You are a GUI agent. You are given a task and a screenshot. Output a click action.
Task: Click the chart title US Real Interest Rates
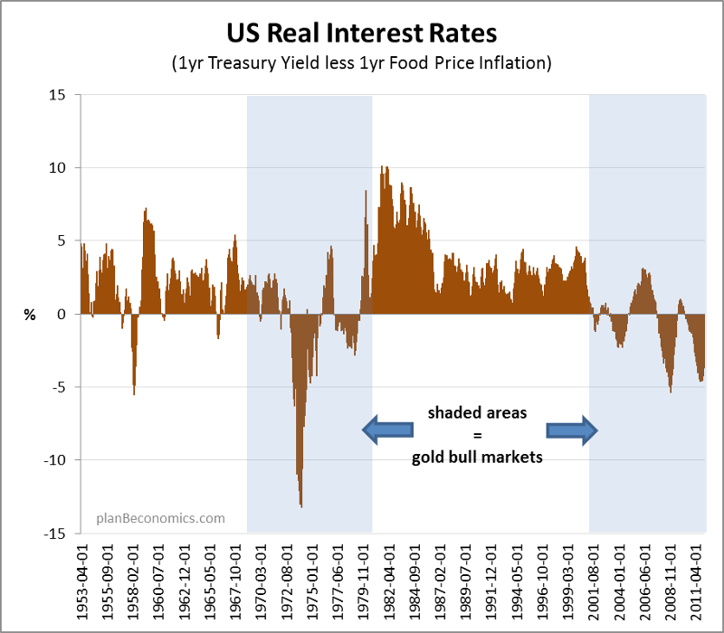tap(361, 34)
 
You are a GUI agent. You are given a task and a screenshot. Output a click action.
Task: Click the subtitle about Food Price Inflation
tap(361, 65)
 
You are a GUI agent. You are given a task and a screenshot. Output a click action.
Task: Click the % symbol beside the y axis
tap(30, 315)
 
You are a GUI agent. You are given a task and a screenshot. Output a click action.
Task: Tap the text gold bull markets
tap(476, 458)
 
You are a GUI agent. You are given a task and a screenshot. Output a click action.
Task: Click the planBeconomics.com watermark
tap(160, 518)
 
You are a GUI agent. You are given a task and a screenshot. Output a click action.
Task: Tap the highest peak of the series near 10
tap(383, 168)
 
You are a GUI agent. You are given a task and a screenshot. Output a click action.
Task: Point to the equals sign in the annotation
tap(476, 435)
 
